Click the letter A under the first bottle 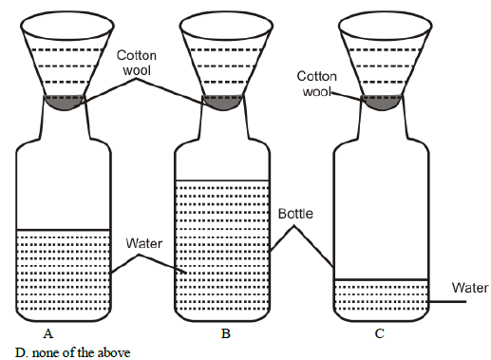(47, 333)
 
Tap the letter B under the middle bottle (225, 333)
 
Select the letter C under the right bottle (380, 333)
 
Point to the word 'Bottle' (296, 214)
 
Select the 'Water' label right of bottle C (470, 288)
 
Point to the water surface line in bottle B (223, 180)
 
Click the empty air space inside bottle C (381, 209)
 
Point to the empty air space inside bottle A (64, 185)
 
